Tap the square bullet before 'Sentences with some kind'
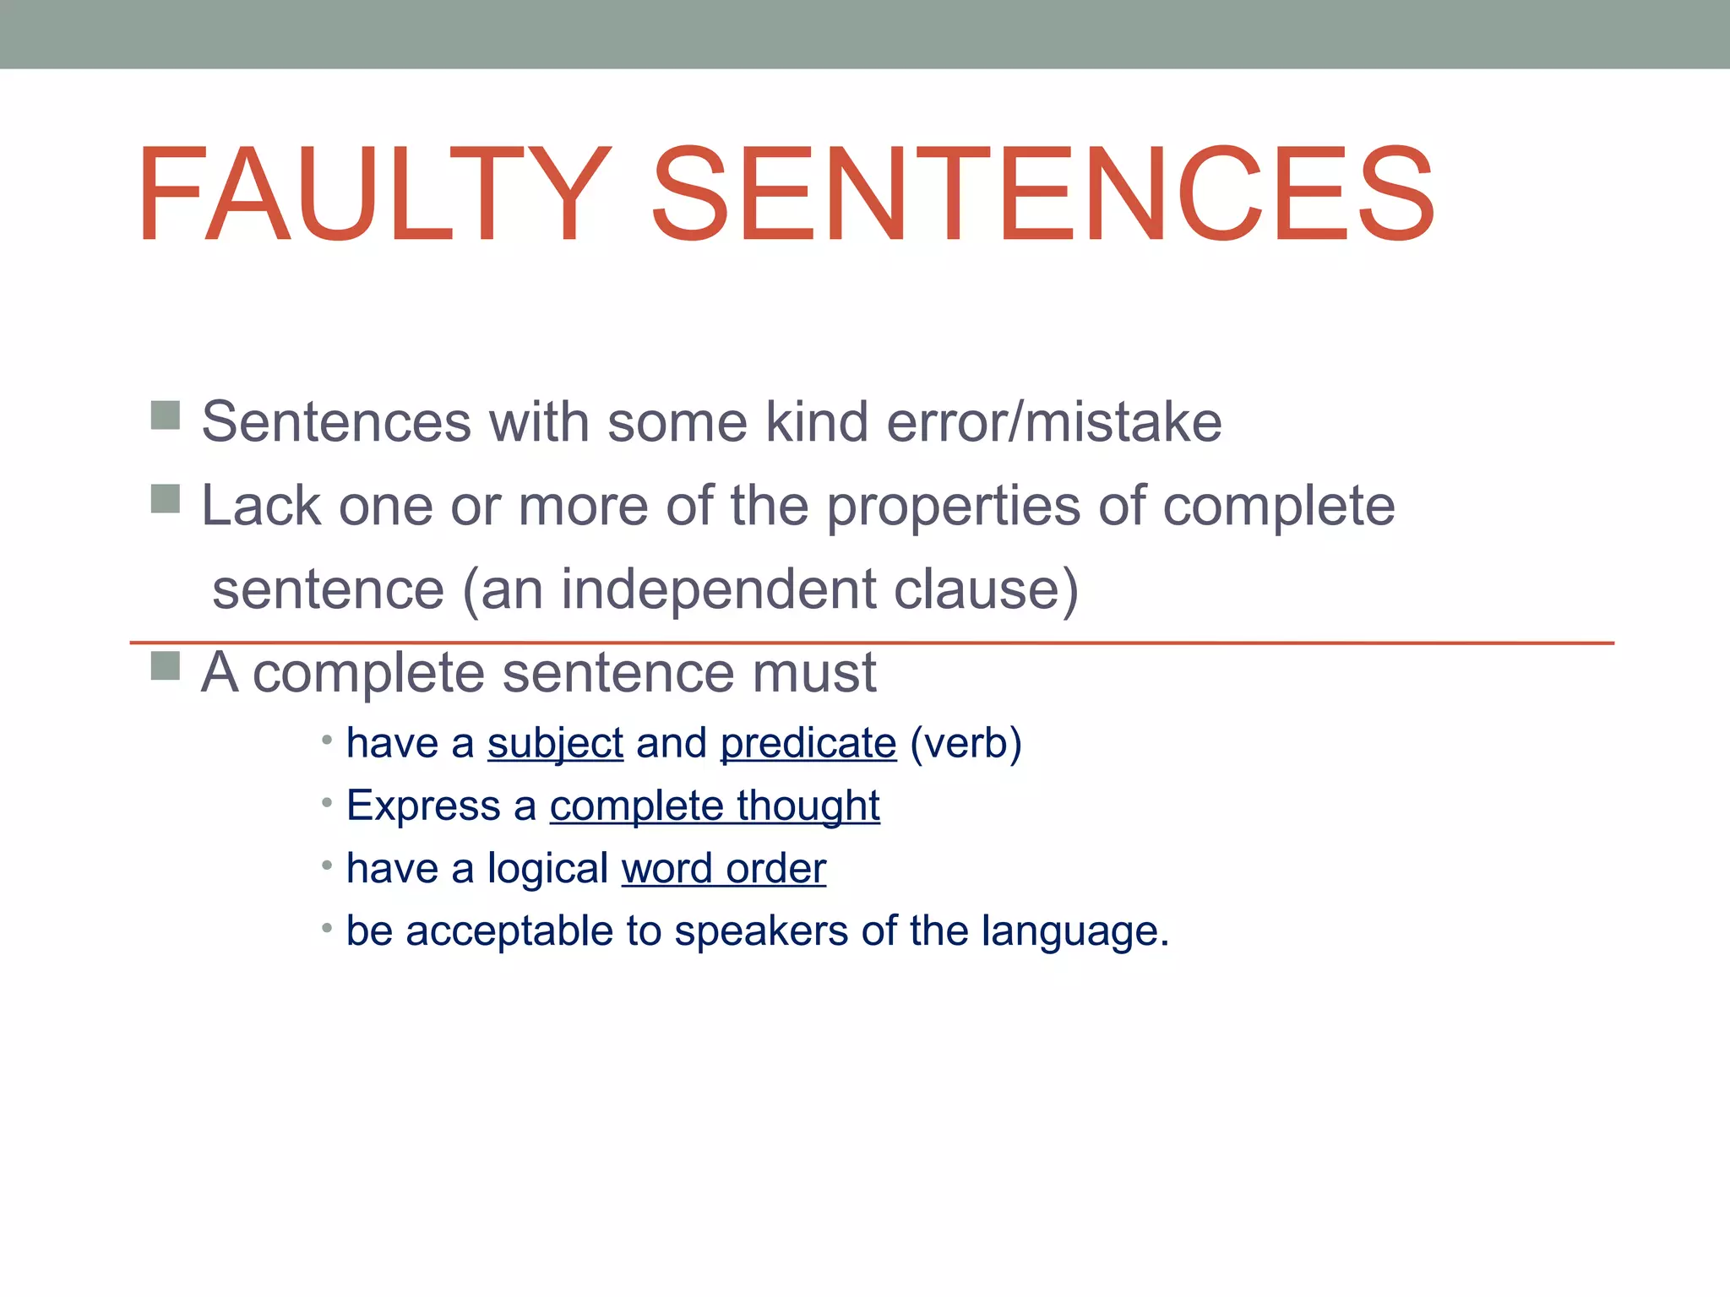pos(166,415)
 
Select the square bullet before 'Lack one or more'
pos(166,499)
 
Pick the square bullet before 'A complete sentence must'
pos(166,666)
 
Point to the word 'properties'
pos(953,507)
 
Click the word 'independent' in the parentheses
pos(719,589)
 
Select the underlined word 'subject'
pos(555,744)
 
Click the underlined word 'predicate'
pos(808,744)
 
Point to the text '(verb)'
pos(966,744)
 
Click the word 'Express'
pos(423,806)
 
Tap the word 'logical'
pos(547,869)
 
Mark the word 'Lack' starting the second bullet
pos(260,506)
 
